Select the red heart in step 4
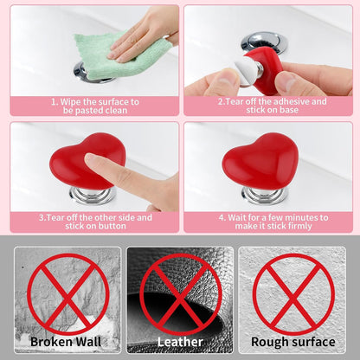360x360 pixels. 262,161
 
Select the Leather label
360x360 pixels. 181,341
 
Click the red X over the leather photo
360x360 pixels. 181,294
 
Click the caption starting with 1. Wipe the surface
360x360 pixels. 95,106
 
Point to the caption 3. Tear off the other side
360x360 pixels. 95,222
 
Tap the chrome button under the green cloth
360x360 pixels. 91,74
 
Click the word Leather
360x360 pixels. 181,341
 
